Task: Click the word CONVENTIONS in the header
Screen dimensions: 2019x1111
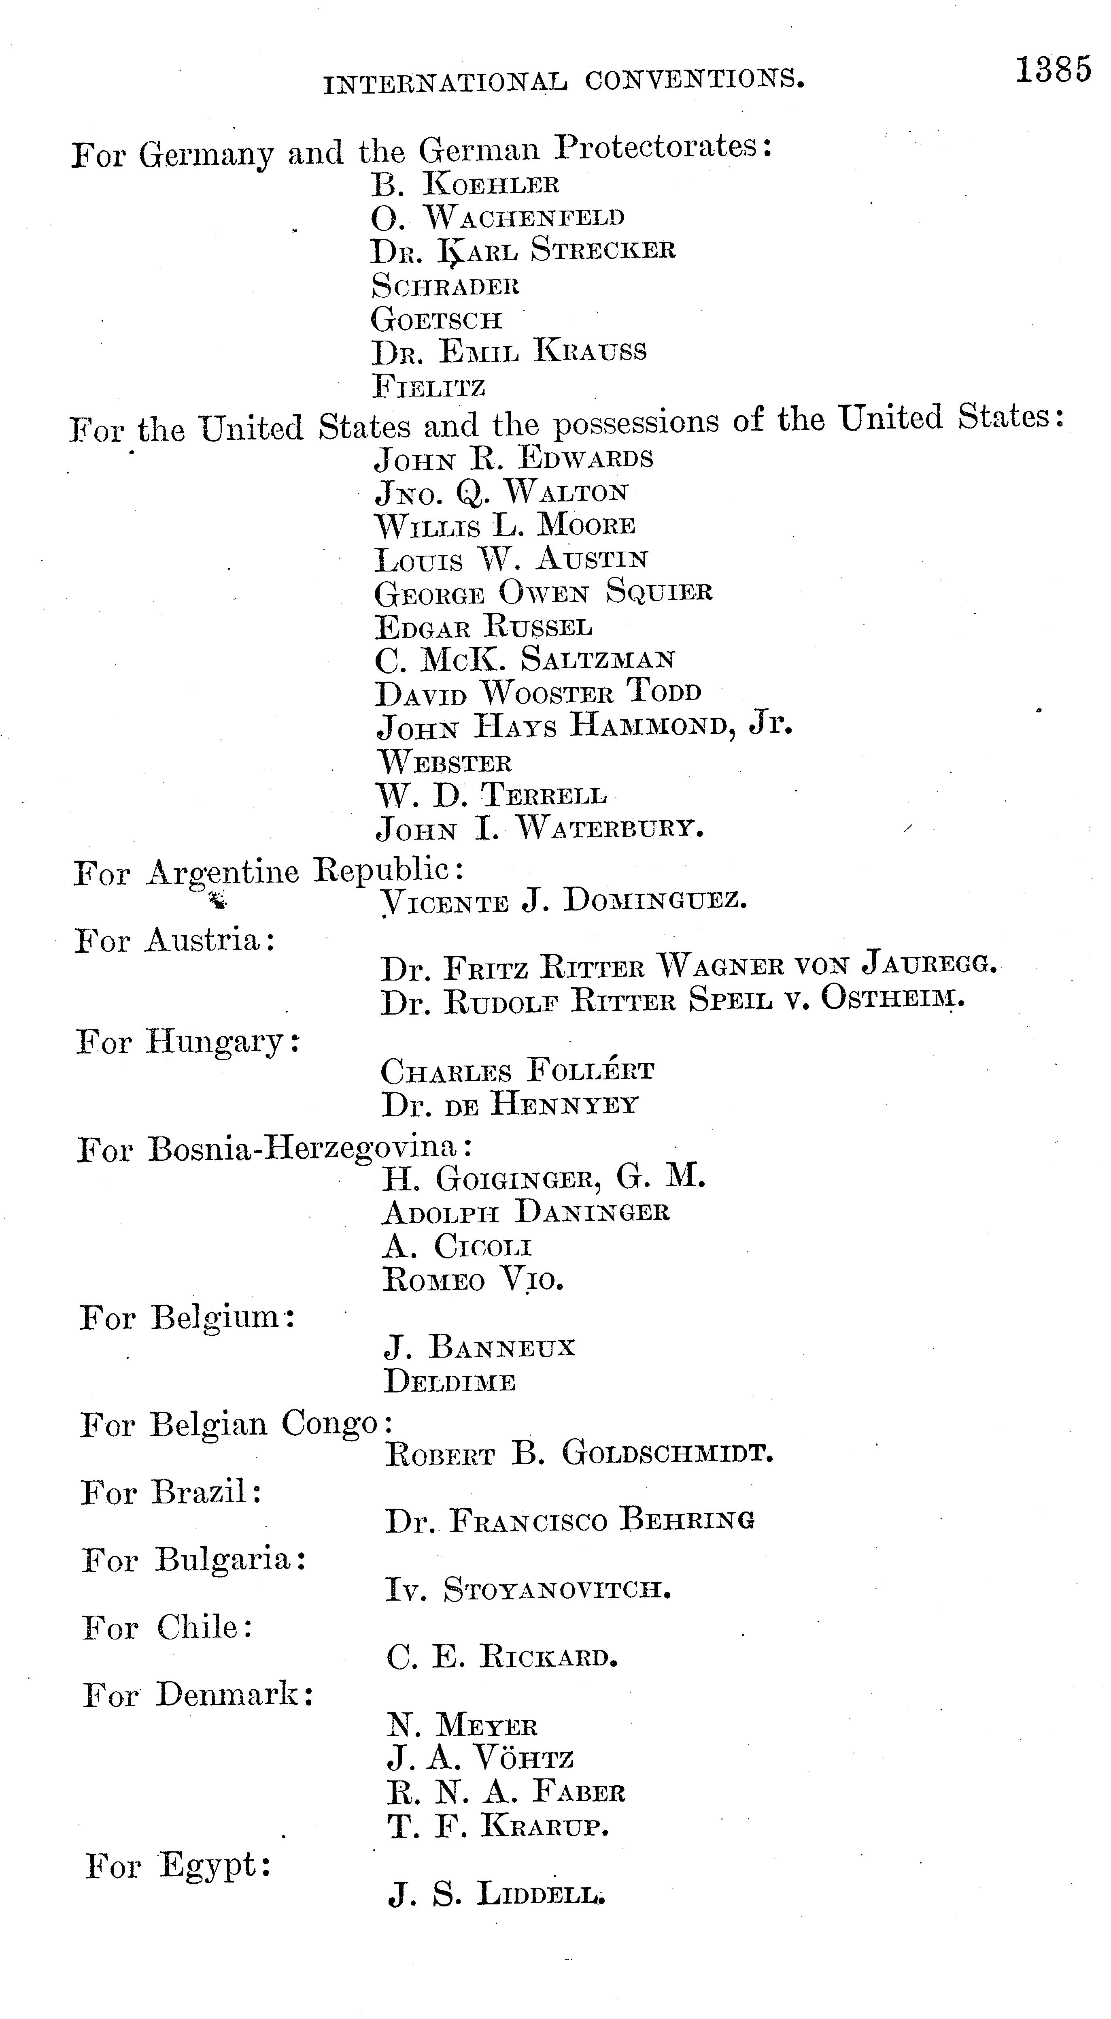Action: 694,79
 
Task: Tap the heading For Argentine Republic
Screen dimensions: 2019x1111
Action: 268,872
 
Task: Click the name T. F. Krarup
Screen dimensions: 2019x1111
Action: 497,1827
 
